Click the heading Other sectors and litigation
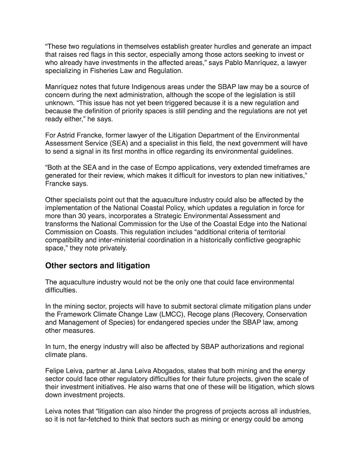(97, 266)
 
